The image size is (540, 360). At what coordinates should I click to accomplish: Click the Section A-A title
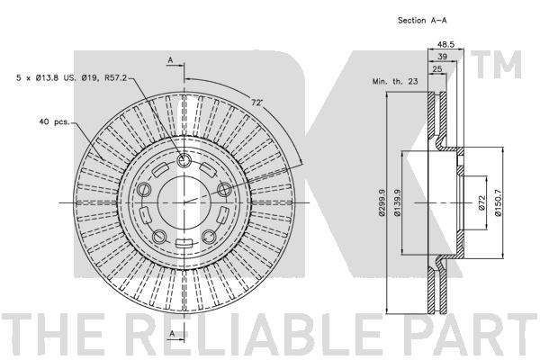pos(422,21)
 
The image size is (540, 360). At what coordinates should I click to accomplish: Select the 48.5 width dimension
pos(446,44)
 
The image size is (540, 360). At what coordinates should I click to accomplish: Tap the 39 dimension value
pos(442,57)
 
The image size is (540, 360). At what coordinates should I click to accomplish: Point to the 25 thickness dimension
pos(437,69)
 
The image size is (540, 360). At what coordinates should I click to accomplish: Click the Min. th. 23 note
pos(395,82)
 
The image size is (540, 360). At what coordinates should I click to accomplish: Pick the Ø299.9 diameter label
pos(382,202)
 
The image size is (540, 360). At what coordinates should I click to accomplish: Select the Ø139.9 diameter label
pos(397,202)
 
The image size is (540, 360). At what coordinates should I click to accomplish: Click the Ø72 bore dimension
pos(481,202)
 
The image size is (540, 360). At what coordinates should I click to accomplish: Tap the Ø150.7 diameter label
pos(498,202)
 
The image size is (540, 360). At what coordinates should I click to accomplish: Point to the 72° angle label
pos(256,103)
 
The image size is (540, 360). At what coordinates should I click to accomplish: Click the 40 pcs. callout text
pos(55,121)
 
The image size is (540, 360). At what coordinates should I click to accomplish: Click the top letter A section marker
pos(170,60)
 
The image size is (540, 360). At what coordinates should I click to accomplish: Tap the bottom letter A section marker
pos(172,334)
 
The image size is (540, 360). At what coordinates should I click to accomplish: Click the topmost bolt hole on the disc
pos(184,160)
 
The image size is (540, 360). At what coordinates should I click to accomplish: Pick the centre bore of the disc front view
pos(184,202)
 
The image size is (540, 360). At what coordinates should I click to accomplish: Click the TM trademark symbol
pos(496,65)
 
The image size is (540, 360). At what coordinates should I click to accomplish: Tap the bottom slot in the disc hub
pos(184,243)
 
